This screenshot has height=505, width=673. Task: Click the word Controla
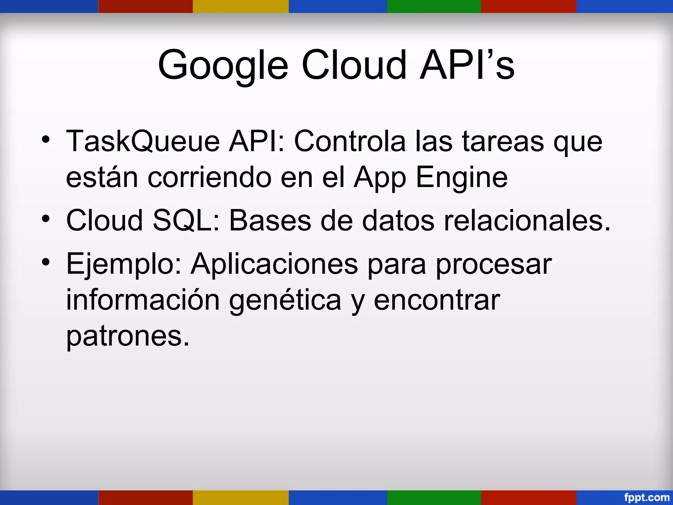350,141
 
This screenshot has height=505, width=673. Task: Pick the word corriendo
209,178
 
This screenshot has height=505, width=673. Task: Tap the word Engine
462,178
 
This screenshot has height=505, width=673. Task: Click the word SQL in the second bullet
186,220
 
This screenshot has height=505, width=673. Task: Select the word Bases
270,220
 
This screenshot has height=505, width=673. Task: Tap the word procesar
494,265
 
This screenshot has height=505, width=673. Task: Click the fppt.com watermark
646,497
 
